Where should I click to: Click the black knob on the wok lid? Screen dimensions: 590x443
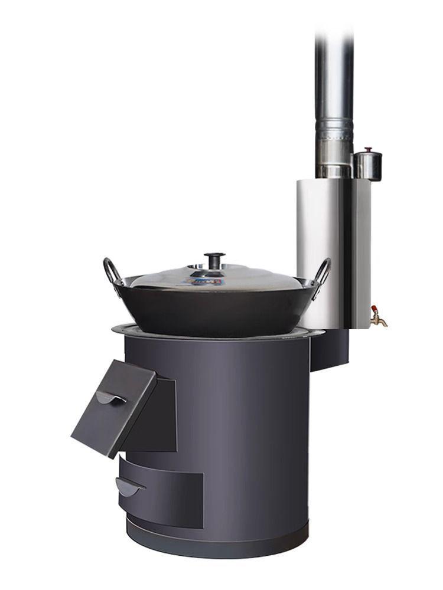[214, 258]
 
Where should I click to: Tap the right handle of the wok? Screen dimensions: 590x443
[323, 273]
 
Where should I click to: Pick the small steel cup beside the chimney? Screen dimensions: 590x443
[367, 166]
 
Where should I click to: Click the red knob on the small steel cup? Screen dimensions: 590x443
[368, 150]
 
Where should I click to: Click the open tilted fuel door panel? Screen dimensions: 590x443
[112, 413]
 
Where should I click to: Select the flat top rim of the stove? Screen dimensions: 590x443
[127, 329]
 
